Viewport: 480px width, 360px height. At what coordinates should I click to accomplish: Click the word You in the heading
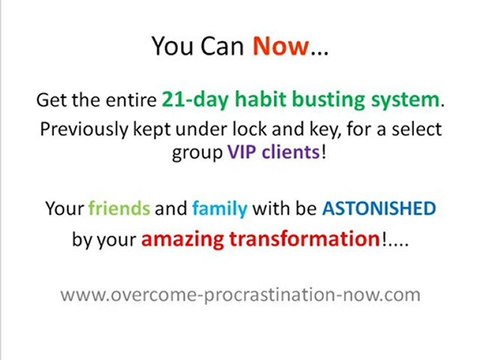click(x=172, y=46)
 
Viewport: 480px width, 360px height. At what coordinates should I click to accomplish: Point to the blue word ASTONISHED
click(x=379, y=210)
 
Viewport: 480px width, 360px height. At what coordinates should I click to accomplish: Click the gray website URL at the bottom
click(x=240, y=295)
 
